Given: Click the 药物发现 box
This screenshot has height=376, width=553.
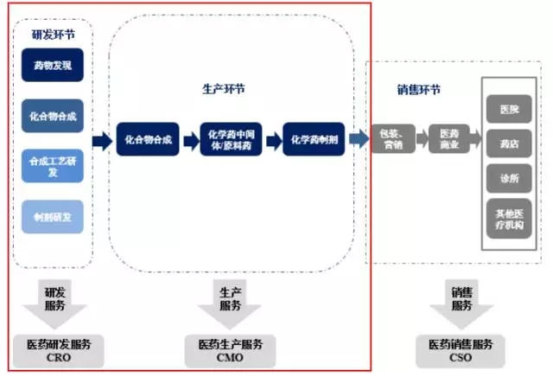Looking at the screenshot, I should point(53,65).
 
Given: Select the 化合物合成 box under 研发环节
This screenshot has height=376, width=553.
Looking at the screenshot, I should point(53,115).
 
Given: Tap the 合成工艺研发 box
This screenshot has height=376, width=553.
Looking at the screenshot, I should point(53,166).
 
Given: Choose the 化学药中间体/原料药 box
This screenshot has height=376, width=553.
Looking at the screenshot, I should point(231,138).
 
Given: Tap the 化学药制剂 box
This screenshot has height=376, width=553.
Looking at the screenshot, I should point(315,138).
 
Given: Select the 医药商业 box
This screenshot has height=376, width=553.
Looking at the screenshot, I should point(449,138).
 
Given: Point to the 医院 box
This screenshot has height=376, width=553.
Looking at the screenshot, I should point(509,111).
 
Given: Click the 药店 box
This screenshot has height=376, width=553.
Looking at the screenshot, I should point(509,144).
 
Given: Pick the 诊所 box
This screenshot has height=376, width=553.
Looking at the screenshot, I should point(509,178).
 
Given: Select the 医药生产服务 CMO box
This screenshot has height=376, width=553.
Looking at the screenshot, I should point(230,350).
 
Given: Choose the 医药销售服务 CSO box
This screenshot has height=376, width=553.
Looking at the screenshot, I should point(461,350).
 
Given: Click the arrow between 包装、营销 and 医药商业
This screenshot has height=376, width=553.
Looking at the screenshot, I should point(422,138).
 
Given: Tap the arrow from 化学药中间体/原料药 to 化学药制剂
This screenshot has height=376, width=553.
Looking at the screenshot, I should point(272,138).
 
